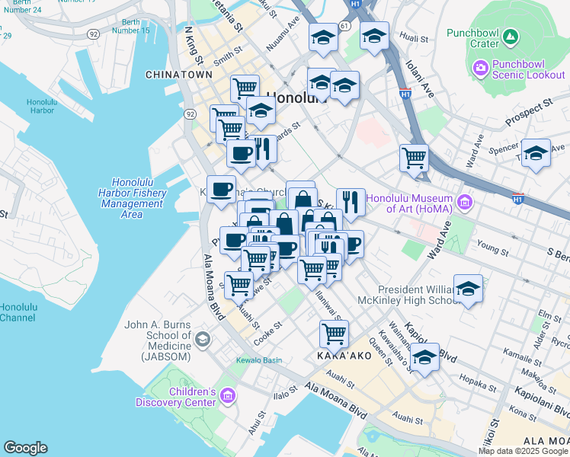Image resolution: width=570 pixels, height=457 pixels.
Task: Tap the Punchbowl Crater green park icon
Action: [x=511, y=37]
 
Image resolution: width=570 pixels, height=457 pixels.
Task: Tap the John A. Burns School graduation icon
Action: [x=202, y=337]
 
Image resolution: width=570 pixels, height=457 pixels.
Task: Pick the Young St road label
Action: [x=492, y=248]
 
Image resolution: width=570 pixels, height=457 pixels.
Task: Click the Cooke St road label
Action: [x=268, y=334]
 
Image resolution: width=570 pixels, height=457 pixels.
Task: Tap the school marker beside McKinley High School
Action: [x=468, y=289]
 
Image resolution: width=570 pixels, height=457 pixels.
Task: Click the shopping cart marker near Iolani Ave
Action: [x=414, y=158]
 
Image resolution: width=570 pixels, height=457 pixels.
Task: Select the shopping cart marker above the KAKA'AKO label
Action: [x=334, y=333]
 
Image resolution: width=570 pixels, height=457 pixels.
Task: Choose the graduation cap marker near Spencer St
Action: [x=536, y=152]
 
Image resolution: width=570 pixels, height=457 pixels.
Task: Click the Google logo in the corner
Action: [x=25, y=448]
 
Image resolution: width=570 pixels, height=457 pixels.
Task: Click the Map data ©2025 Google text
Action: [x=523, y=451]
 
